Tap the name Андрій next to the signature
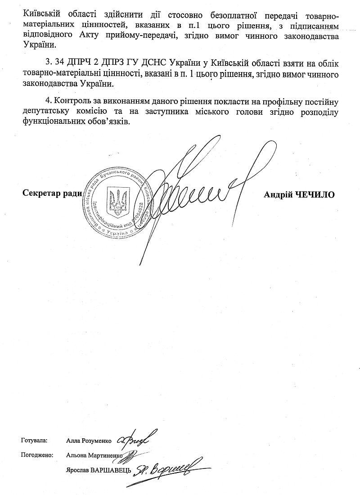(x=279, y=194)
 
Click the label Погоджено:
(x=37, y=455)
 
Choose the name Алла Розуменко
(x=89, y=440)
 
